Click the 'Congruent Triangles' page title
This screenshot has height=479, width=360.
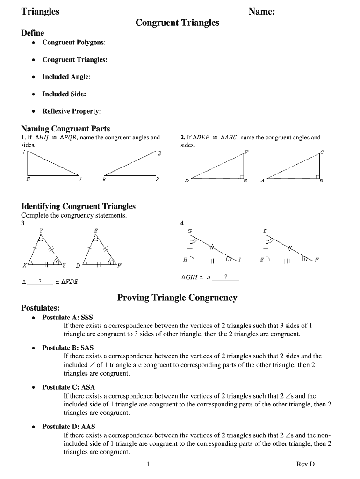(177, 22)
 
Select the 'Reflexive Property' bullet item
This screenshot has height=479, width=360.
(71, 111)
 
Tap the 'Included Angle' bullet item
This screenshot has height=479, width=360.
(66, 77)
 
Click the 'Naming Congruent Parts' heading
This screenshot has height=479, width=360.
(65, 129)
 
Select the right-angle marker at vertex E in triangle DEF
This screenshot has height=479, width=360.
(241, 177)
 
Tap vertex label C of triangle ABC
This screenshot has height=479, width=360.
(322, 152)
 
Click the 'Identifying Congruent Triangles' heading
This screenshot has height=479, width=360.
(79, 206)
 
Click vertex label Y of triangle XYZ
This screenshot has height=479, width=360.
(41, 231)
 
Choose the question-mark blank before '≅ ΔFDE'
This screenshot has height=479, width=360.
(40, 282)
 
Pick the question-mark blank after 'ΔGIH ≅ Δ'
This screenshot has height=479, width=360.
(226, 277)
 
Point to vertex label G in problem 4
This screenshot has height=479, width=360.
(189, 231)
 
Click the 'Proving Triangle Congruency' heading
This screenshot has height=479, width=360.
(177, 298)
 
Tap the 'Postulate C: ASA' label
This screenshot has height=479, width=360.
(68, 387)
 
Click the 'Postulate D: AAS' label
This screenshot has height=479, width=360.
(68, 427)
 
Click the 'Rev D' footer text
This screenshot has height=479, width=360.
(305, 464)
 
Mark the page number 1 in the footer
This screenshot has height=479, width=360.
(148, 464)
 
